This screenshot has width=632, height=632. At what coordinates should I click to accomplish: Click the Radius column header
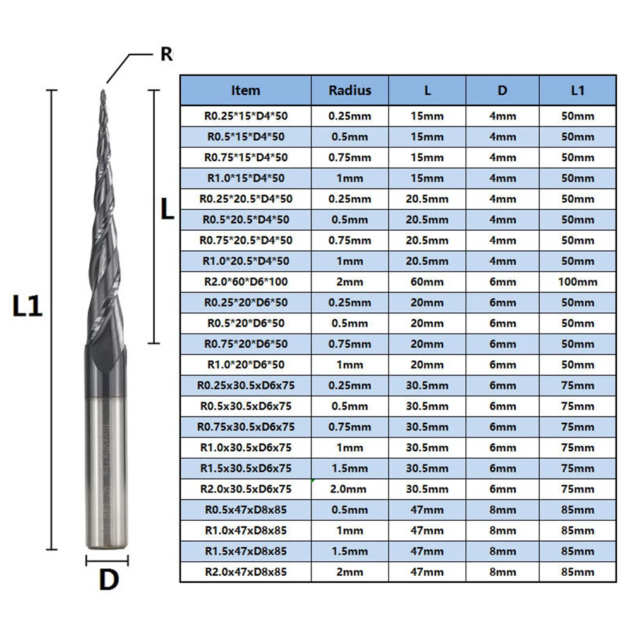pos(349,90)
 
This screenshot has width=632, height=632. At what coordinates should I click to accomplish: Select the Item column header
pos(245,90)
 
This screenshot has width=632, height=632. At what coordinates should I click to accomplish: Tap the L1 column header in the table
pos(577,90)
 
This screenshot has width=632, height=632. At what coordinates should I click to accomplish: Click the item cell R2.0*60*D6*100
pos(245,282)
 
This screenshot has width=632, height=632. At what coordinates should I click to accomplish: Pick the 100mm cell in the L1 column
pos(577,282)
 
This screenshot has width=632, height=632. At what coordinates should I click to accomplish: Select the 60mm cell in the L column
pos(427,282)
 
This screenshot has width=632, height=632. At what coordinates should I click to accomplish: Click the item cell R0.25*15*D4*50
pos(245,116)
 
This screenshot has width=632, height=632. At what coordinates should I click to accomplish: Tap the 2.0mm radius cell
pos(349,489)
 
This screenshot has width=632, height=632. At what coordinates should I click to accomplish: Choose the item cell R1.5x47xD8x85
pos(245,551)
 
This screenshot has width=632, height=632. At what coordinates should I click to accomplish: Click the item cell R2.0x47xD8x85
pos(245,572)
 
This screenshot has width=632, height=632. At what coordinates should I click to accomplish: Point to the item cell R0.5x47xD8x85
pos(245,509)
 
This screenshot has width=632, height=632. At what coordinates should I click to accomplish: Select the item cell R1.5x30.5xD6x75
pos(245,468)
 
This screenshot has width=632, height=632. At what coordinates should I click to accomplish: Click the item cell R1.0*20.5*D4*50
pos(245,261)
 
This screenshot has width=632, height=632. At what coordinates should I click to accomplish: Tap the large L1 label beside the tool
pos(28,308)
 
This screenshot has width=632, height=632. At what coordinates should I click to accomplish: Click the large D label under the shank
pos(108,580)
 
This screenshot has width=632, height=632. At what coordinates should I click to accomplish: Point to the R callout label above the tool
pos(166,54)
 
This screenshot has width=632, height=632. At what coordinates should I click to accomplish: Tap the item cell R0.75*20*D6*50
pos(245,344)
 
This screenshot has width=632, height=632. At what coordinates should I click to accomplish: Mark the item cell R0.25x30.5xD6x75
pos(245,386)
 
